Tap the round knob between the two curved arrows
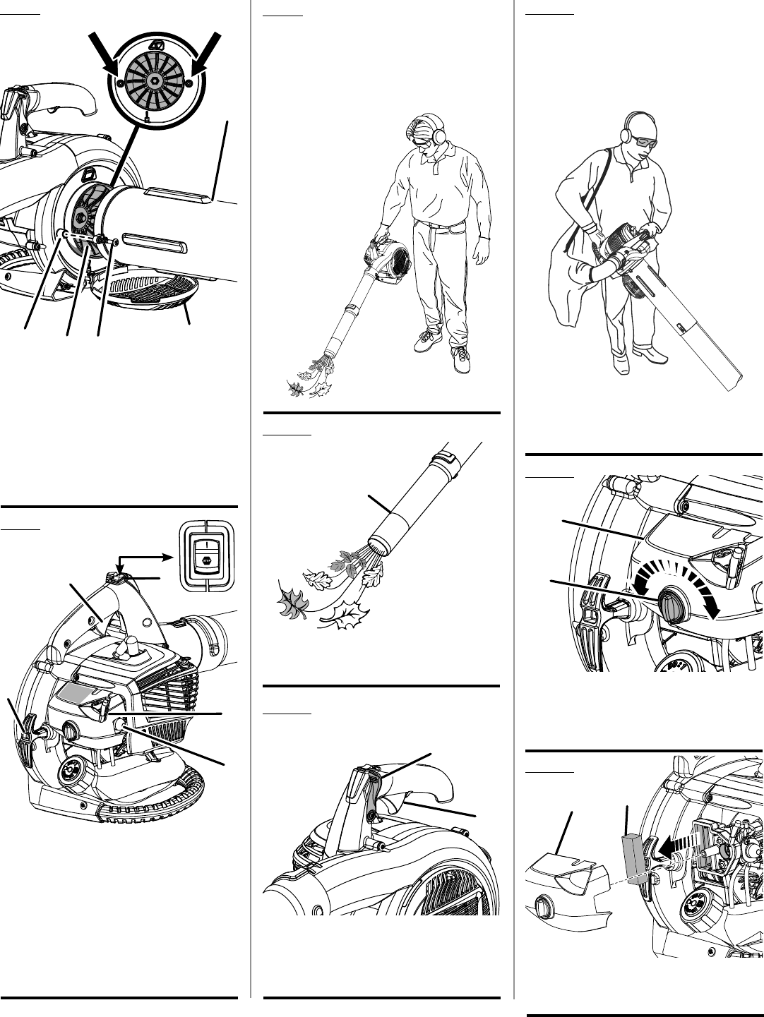[x=669, y=605]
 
